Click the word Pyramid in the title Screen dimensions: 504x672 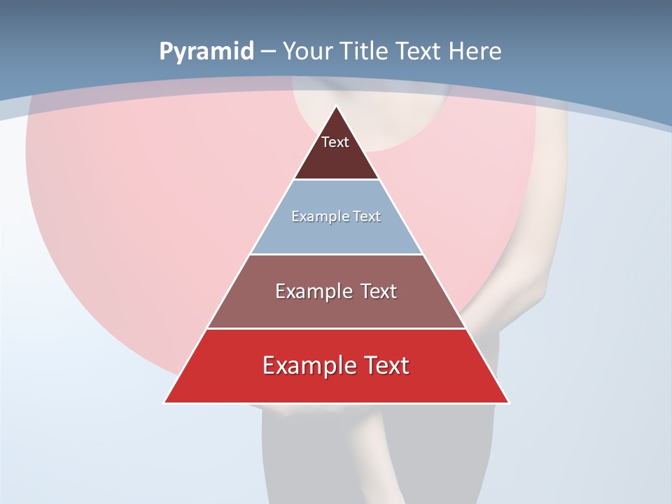pyautogui.click(x=206, y=52)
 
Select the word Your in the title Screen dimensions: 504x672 pyautogui.click(x=307, y=52)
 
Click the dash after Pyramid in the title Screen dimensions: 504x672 pyautogui.click(x=268, y=52)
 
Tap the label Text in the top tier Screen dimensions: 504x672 pyautogui.click(x=335, y=143)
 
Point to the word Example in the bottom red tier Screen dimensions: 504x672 pyautogui.click(x=307, y=365)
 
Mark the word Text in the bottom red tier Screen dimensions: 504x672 pyautogui.click(x=386, y=365)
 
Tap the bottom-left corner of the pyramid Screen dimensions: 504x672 pyautogui.click(x=165, y=402)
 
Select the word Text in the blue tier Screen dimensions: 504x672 pyautogui.click(x=367, y=217)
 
